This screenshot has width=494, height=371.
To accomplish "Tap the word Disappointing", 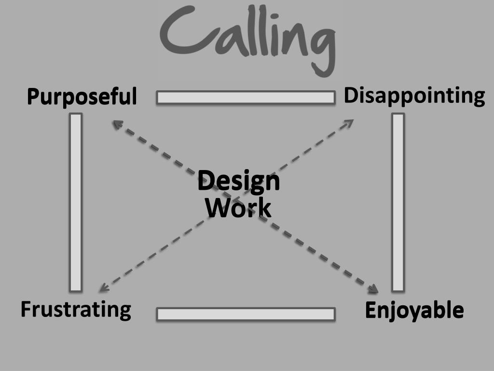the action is [414, 96].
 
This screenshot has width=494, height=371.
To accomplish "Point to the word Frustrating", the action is [76, 309].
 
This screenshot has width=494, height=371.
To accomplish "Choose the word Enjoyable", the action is [414, 310].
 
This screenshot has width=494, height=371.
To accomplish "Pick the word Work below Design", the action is [238, 208].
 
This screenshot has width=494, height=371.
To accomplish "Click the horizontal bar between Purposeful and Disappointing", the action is [246, 98].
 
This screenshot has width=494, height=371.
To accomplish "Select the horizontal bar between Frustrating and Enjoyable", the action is [246, 314].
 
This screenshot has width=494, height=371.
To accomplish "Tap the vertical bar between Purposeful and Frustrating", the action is [76, 202].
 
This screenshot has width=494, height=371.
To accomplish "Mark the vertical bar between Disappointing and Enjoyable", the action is [398, 202].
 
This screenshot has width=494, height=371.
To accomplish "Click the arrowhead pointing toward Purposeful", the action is [116, 124].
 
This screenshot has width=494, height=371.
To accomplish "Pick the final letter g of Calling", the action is [322, 48].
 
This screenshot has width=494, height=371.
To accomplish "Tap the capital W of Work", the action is [217, 208].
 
